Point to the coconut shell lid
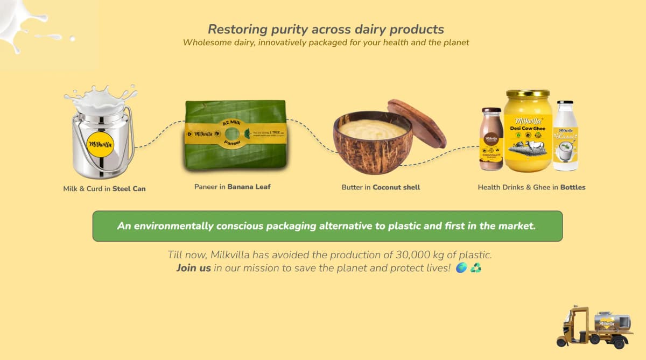pos(417,123)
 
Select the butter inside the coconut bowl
pos(373,129)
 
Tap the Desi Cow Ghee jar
pos(528,131)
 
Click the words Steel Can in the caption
pos(129,189)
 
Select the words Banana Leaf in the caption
pos(249,187)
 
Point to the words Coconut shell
pos(396,187)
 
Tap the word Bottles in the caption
pos(573,187)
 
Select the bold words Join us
pos(193,268)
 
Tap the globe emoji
pos(461,268)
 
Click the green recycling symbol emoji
pos(476,268)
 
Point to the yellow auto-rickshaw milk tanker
pos(594,327)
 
